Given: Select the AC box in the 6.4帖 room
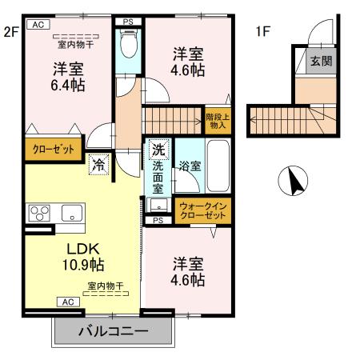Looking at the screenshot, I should coord(37,25).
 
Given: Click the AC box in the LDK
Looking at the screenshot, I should coord(67,302).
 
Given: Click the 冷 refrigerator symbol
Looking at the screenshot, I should coord(98,166).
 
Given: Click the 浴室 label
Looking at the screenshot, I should coord(190,166).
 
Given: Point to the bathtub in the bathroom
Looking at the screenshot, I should coord(218,164).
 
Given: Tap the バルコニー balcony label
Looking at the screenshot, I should coord(113,330).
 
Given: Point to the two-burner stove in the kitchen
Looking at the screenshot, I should coord(40,213).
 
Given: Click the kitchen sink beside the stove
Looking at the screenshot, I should coord(71,214).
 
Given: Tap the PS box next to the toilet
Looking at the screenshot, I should coord(126,22).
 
